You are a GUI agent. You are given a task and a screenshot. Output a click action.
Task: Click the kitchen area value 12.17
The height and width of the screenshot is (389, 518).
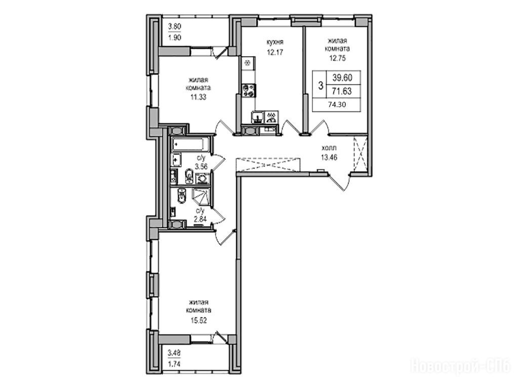point(275,52)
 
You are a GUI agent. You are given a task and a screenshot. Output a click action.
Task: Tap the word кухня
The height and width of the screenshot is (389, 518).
point(275,43)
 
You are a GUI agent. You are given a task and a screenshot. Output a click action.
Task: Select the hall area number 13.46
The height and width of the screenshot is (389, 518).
point(329,158)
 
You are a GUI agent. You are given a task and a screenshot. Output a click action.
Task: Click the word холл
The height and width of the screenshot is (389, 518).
point(329,148)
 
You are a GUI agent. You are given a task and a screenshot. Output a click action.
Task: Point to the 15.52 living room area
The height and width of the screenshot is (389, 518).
point(198,320)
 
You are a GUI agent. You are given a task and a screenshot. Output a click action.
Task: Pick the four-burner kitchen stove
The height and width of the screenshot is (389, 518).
point(249,90)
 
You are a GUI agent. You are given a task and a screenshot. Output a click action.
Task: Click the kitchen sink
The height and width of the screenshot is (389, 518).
point(257,116)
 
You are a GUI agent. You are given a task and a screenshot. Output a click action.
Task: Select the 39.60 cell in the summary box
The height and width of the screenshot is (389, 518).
point(342,78)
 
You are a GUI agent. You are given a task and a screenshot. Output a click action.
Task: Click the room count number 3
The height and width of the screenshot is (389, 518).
point(320,86)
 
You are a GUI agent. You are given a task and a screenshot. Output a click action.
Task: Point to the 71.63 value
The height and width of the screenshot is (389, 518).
point(342,91)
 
